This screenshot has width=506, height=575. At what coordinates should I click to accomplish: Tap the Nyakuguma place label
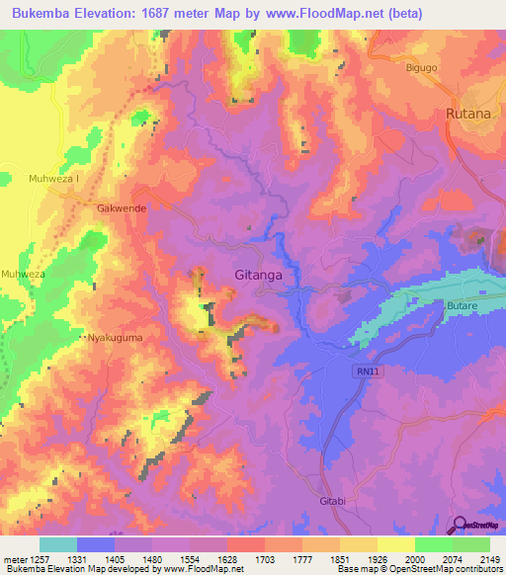(x=114, y=338)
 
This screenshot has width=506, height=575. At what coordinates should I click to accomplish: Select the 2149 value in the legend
(x=489, y=559)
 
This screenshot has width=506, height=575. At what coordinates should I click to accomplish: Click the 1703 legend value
(x=265, y=559)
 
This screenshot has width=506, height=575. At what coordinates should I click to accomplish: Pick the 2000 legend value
(x=414, y=559)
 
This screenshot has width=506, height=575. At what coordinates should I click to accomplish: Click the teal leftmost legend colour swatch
(x=58, y=544)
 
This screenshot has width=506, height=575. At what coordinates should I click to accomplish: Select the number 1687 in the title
(x=172, y=13)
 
